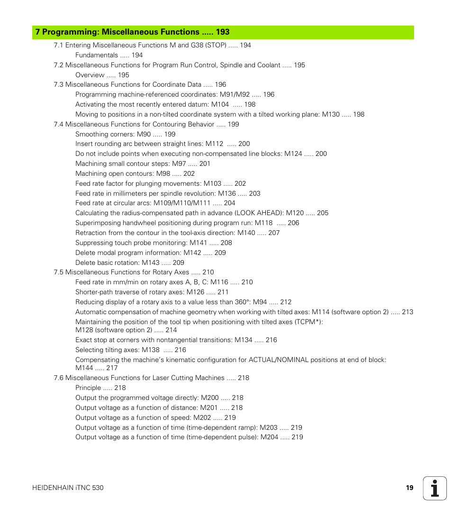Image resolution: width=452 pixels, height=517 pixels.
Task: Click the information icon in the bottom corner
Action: coord(434,488)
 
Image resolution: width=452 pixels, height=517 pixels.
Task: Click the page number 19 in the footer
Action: coord(409,488)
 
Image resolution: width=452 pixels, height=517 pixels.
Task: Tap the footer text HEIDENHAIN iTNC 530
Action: coord(68,488)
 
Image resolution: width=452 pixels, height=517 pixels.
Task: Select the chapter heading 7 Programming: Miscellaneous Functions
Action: coord(132,32)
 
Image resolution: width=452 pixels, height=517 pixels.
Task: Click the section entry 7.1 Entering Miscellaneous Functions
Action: coord(152,45)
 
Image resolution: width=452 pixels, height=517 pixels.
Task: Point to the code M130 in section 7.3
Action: coord(331,114)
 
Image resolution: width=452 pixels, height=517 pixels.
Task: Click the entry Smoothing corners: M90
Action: coord(125,134)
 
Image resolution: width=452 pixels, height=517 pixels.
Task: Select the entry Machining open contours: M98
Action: coord(135,173)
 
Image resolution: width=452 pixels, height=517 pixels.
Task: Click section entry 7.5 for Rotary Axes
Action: coord(134,272)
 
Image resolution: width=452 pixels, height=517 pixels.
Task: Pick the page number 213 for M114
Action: coord(407,312)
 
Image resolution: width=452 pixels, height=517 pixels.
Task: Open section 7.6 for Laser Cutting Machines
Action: coord(151,378)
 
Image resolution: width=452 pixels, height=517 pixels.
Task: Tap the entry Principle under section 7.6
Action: coord(100,388)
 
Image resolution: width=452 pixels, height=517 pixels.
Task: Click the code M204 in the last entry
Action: coord(269,437)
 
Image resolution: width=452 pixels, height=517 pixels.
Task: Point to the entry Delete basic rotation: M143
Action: coord(129,263)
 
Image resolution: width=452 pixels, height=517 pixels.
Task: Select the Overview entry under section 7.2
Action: coord(102,75)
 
